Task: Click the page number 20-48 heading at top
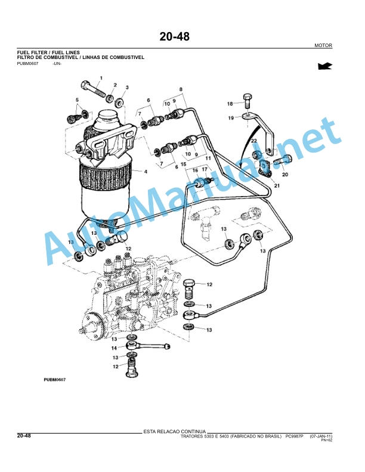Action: (174, 36)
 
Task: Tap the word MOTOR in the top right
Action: (323, 45)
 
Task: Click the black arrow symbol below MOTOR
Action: (325, 66)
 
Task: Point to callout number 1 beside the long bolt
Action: (101, 78)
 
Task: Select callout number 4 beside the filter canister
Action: (146, 172)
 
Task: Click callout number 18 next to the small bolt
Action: (230, 104)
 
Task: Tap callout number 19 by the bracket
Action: (231, 117)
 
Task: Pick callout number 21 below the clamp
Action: (277, 185)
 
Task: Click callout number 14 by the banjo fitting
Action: (114, 348)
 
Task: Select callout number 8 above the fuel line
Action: (181, 89)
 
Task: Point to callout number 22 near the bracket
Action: (254, 141)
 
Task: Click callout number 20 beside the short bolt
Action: (285, 174)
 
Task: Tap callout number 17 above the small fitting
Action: (205, 169)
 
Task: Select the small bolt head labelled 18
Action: (247, 97)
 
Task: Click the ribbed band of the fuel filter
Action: (105, 170)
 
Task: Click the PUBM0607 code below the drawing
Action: (54, 380)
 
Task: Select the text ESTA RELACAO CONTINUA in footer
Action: (174, 431)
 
